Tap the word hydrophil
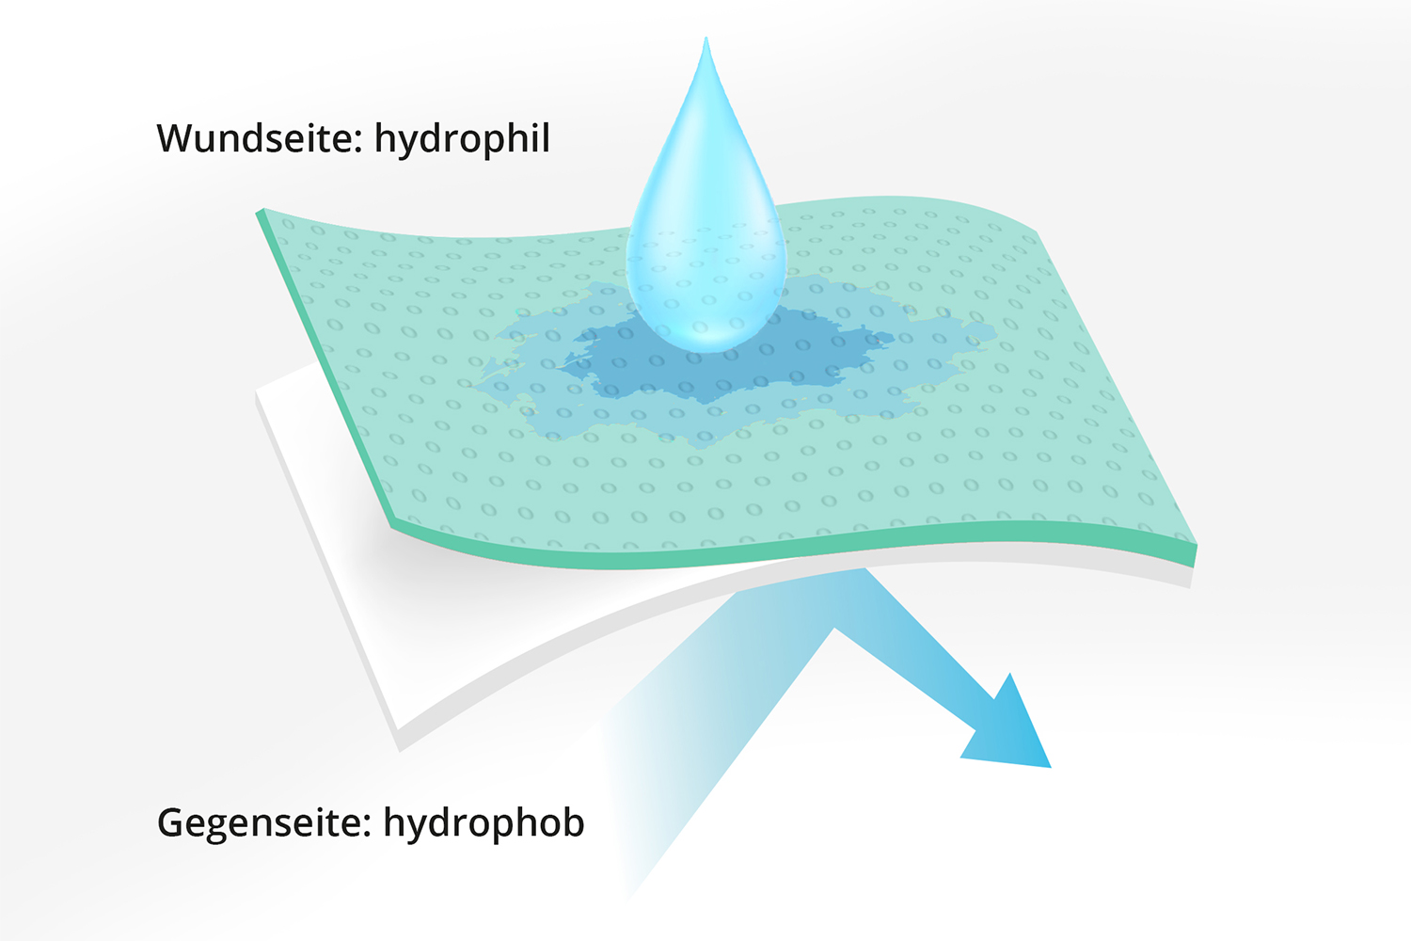[x=463, y=139]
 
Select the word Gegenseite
[x=259, y=822]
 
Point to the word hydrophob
[x=484, y=822]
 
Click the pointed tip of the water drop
[x=706, y=38]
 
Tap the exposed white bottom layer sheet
[x=404, y=605]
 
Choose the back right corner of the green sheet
[x=1037, y=231]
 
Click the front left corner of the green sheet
[x=392, y=525]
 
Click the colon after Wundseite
[x=358, y=143]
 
